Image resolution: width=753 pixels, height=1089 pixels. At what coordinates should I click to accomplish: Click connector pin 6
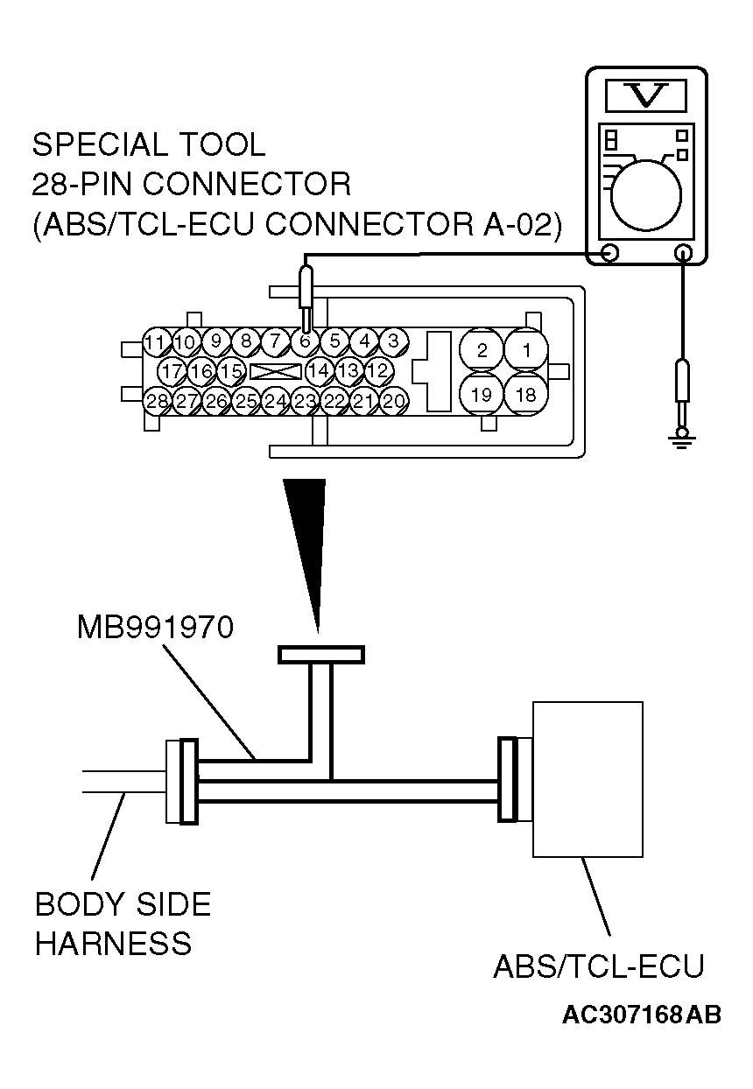pyautogui.click(x=305, y=341)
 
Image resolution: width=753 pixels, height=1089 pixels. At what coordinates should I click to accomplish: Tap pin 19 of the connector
pyautogui.click(x=482, y=395)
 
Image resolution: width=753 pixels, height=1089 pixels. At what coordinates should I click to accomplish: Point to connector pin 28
pyautogui.click(x=157, y=402)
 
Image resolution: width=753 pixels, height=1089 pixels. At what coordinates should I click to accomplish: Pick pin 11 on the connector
pyautogui.click(x=156, y=341)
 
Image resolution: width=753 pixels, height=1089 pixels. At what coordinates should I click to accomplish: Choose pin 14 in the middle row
pyautogui.click(x=319, y=371)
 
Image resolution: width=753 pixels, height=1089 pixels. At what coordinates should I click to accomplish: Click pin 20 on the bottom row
pyautogui.click(x=394, y=401)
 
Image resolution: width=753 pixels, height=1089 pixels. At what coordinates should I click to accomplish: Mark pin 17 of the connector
pyautogui.click(x=172, y=371)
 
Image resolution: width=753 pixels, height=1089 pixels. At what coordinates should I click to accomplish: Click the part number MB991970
pyautogui.click(x=156, y=629)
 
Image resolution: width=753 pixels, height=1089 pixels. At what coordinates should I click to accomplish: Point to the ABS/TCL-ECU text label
pyautogui.click(x=598, y=967)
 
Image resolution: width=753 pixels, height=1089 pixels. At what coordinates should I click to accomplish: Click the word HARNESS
pyautogui.click(x=113, y=944)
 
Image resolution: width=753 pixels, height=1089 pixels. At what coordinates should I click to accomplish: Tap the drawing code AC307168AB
pyautogui.click(x=642, y=1015)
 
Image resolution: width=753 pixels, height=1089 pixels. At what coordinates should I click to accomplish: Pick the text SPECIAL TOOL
pyautogui.click(x=148, y=144)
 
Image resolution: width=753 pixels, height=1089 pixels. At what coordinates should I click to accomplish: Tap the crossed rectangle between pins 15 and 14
pyautogui.click(x=275, y=371)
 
